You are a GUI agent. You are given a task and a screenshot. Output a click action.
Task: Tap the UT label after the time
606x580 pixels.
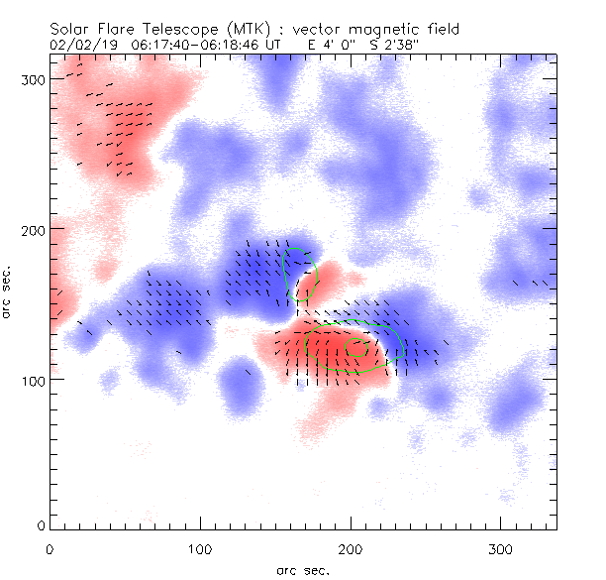coord(276,45)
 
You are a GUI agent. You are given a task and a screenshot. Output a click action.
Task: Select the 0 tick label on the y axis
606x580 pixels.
coord(39,524)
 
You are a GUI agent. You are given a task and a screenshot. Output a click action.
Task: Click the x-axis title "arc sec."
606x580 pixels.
coord(303,569)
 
